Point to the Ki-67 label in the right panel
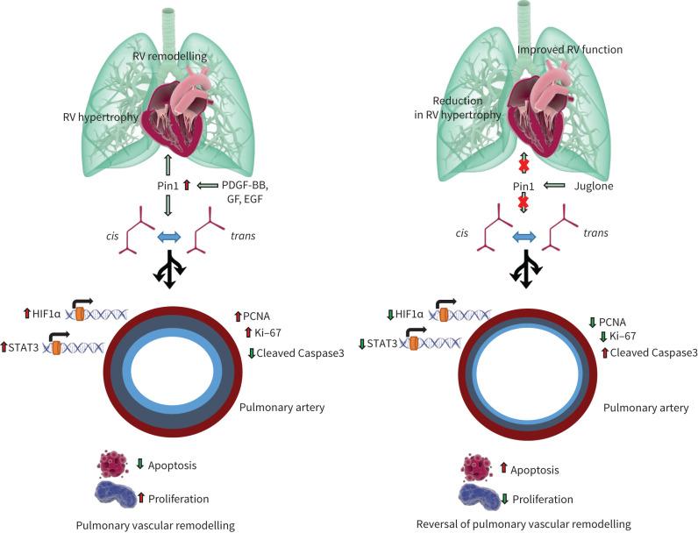618,337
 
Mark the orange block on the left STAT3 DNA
58,348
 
